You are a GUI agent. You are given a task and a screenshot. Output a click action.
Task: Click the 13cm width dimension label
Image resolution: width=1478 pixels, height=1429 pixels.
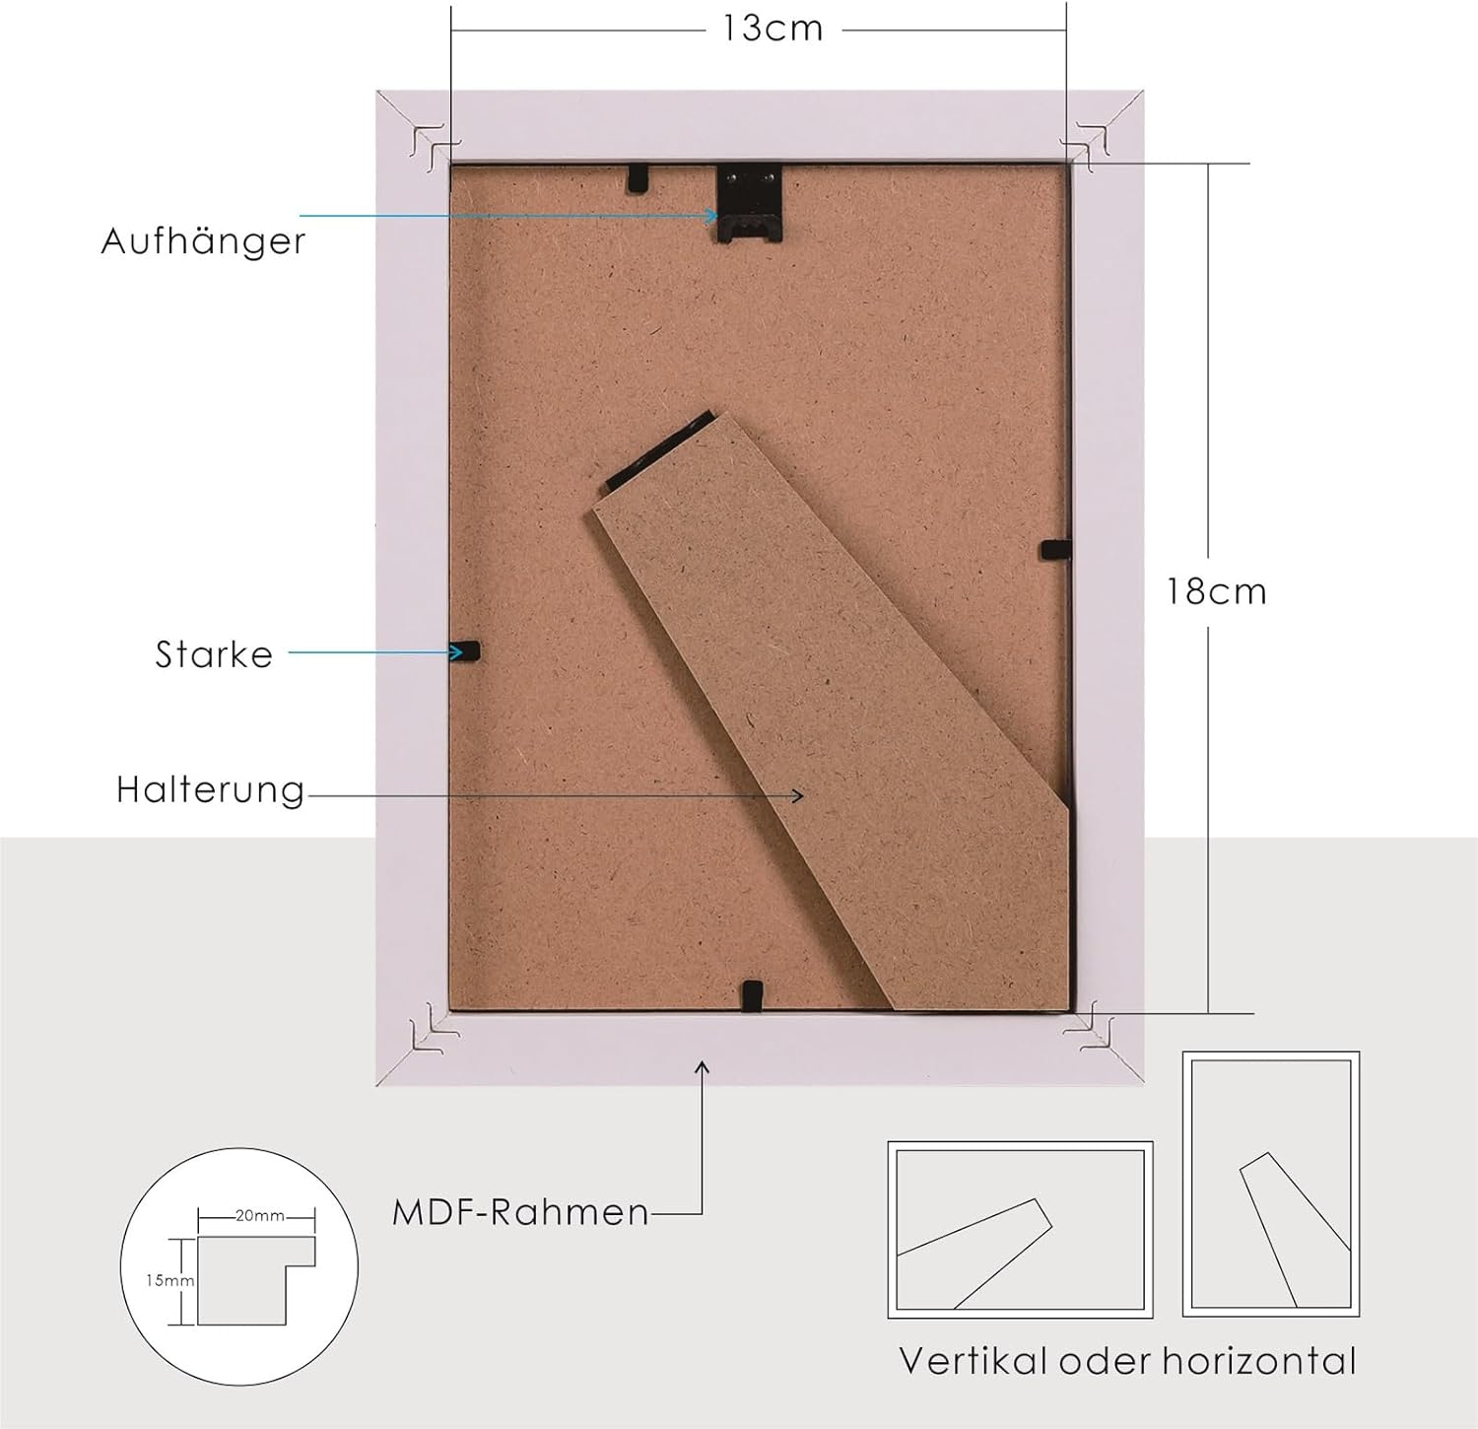(x=773, y=29)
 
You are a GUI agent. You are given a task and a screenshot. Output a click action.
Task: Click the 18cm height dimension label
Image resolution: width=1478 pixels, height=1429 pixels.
(x=1217, y=591)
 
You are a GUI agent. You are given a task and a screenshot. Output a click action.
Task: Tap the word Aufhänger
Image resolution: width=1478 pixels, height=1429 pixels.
(x=204, y=241)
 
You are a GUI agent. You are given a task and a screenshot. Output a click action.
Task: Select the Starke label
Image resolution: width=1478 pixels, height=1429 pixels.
(x=214, y=654)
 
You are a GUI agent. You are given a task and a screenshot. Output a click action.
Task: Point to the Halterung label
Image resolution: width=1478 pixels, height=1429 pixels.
(x=211, y=790)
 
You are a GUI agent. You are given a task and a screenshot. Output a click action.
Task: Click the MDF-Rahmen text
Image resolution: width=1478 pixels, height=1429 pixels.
(x=521, y=1212)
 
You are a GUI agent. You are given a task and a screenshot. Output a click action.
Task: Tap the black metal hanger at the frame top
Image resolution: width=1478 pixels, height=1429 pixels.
(x=749, y=203)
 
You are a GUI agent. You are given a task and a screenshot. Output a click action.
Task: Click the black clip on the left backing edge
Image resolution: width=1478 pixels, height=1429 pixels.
(x=465, y=651)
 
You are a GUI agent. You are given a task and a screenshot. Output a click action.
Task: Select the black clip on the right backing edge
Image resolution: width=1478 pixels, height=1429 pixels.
(x=1055, y=550)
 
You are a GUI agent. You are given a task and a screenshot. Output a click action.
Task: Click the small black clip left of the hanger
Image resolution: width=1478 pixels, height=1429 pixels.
(x=638, y=177)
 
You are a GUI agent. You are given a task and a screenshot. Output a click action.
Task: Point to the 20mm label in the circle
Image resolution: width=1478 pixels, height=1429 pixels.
(x=260, y=1216)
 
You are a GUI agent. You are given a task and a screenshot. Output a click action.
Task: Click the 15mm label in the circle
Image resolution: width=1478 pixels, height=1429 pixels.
(x=169, y=1281)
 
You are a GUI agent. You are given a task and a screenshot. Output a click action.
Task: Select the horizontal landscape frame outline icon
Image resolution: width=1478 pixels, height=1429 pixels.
(x=1021, y=1229)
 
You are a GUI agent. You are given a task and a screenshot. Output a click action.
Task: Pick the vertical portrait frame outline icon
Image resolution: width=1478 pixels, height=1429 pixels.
(x=1271, y=1184)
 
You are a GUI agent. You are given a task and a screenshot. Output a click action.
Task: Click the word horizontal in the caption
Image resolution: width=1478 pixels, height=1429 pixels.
(x=1259, y=1361)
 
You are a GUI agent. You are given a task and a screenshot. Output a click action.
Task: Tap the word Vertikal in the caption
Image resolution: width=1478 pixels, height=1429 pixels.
(x=974, y=1361)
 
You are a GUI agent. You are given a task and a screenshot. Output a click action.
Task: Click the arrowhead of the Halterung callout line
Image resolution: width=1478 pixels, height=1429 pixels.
(x=798, y=795)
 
